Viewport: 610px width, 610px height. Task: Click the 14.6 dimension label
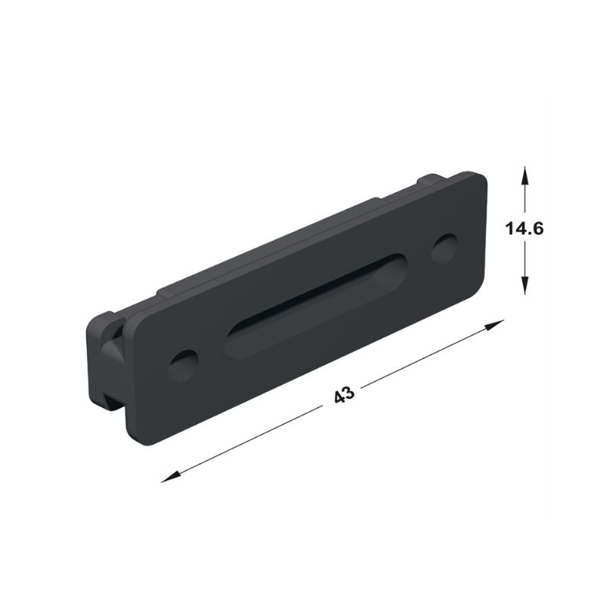pos(524,228)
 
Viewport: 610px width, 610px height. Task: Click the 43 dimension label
pos(345,394)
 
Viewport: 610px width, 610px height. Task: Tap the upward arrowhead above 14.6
pos(525,175)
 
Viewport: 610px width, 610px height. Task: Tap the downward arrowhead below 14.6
pos(525,284)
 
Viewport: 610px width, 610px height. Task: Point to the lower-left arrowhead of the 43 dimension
pos(171,477)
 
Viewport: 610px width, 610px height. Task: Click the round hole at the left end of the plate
pos(183,366)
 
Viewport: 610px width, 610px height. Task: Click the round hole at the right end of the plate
pos(445,249)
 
